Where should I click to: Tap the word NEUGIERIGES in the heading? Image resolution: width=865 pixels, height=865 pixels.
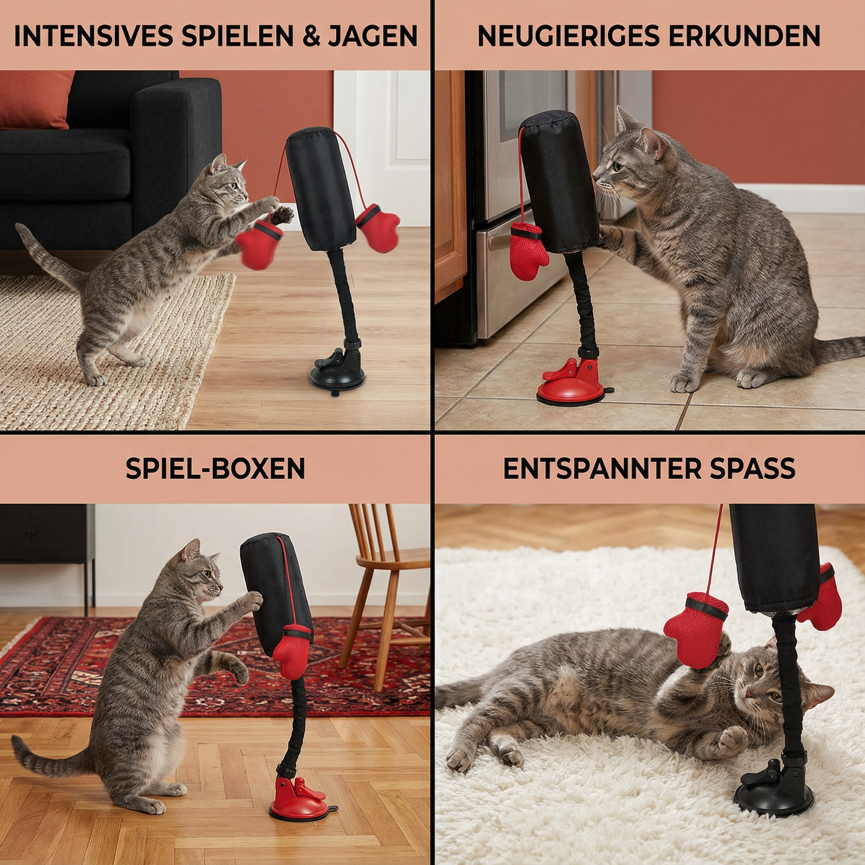pyautogui.click(x=568, y=36)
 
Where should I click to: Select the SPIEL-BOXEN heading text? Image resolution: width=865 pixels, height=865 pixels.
pyautogui.click(x=215, y=468)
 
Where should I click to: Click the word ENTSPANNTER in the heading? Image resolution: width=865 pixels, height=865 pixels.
pyautogui.click(x=602, y=468)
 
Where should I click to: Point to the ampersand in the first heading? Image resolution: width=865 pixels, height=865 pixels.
pyautogui.click(x=311, y=36)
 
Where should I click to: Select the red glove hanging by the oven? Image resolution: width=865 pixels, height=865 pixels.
pyautogui.click(x=527, y=250)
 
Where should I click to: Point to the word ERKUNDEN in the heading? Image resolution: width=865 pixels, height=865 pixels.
pyautogui.click(x=744, y=36)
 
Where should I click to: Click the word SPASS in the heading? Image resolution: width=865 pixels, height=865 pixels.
pyautogui.click(x=752, y=468)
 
